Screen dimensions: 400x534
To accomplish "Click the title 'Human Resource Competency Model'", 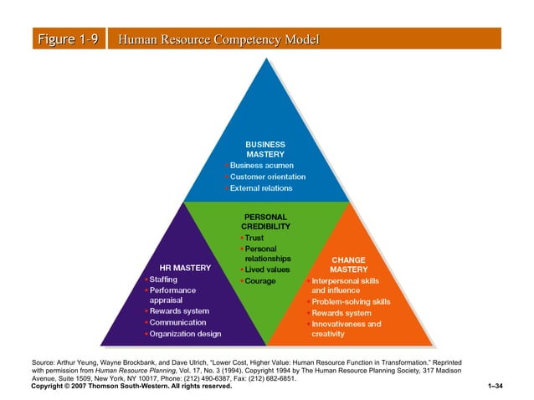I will [219, 39].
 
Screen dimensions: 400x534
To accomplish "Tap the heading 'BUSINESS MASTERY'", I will [264, 149].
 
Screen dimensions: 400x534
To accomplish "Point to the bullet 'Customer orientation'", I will [267, 177].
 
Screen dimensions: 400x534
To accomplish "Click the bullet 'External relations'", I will [261, 188].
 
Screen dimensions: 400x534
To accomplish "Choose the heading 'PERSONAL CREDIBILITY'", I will [265, 222].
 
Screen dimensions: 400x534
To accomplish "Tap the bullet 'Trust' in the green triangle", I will [254, 238].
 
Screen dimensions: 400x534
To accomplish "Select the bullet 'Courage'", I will [259, 280].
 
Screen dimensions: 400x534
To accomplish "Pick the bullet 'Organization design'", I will [185, 334].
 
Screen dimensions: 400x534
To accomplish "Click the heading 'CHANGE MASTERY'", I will [349, 264].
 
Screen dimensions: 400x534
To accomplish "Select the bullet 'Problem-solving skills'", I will [351, 301].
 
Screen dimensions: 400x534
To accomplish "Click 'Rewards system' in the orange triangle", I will [341, 313].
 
